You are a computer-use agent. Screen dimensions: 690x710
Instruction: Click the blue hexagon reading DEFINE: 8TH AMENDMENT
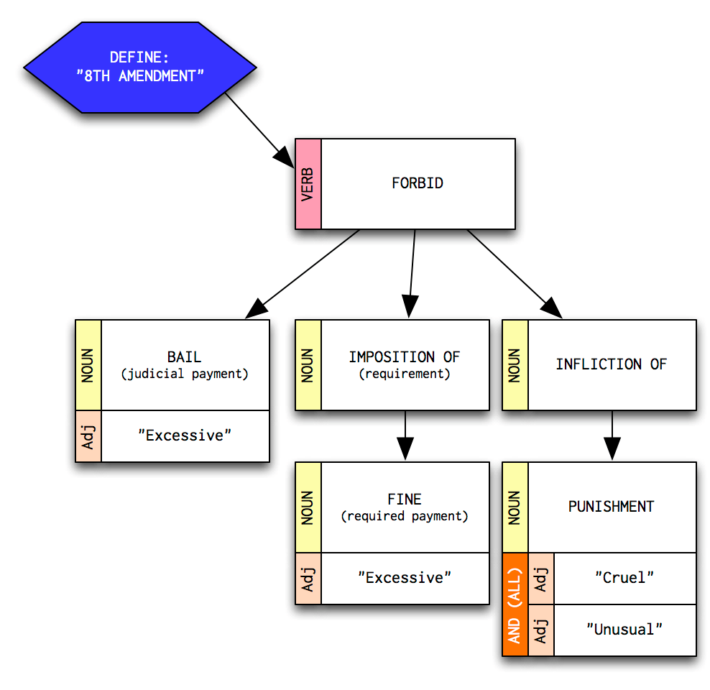[140, 67]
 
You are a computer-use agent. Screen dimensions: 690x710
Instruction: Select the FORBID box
[418, 183]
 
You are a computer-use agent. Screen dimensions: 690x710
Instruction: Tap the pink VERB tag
[308, 184]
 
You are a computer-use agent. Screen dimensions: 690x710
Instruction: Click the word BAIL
[185, 357]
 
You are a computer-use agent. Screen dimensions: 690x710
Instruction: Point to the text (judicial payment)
[185, 374]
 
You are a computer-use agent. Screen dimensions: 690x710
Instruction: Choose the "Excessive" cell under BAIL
[185, 436]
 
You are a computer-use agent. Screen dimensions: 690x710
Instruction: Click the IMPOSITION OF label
[404, 357]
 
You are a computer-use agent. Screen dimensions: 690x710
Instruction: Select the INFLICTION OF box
[611, 364]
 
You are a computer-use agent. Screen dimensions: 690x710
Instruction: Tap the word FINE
[405, 499]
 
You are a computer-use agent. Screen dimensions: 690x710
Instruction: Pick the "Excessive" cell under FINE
[405, 578]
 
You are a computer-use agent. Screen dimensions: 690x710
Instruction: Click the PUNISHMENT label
[611, 507]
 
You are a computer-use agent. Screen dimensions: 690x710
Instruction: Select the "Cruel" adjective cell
[624, 578]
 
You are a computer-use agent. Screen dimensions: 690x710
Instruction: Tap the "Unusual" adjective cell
[624, 630]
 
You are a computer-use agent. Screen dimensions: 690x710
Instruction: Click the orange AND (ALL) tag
[515, 604]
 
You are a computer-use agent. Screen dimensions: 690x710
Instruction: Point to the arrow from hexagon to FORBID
[256, 126]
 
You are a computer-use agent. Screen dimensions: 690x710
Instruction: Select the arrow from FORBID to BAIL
[302, 274]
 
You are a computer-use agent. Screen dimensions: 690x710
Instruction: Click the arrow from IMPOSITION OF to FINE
[405, 436]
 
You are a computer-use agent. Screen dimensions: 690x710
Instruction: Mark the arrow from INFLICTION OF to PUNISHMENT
[612, 436]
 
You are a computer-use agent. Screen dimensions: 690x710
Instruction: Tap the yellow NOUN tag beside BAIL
[88, 364]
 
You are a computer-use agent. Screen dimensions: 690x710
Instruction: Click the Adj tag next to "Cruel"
[540, 578]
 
